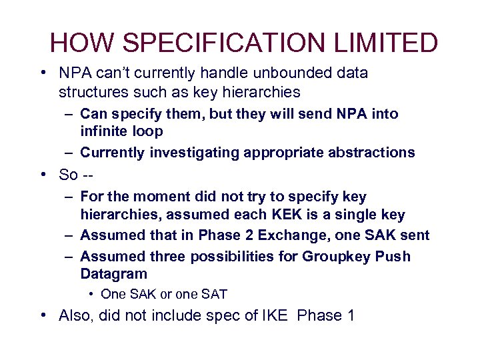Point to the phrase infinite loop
click(x=122, y=132)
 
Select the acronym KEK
click(x=306, y=215)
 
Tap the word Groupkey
click(x=335, y=257)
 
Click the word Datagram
click(x=113, y=274)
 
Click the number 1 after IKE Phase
click(x=349, y=315)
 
